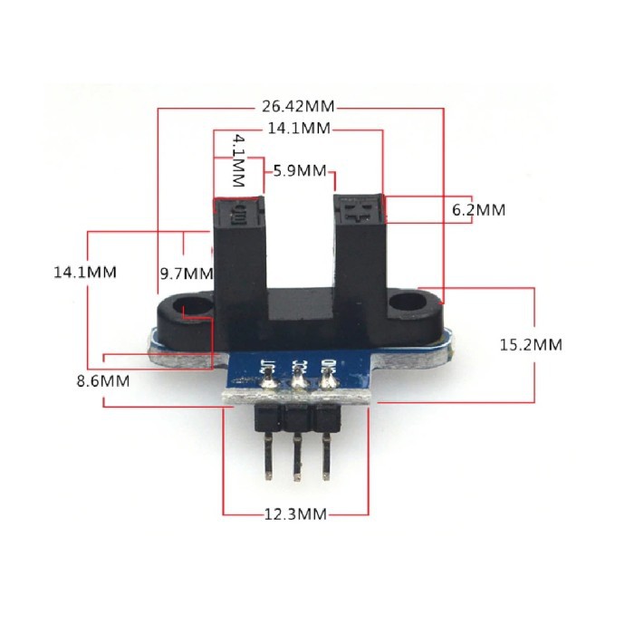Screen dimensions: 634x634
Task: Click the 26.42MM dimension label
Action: coord(300,105)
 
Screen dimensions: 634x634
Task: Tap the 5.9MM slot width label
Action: coord(299,169)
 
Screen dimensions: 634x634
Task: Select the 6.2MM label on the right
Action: coord(478,210)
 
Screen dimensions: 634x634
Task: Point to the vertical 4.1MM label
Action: coord(238,160)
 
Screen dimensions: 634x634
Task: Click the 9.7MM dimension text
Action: coord(186,273)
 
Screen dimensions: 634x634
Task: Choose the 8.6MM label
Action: coord(102,381)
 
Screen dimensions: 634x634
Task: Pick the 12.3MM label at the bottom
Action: coord(295,514)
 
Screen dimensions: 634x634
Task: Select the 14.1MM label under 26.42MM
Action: coord(299,129)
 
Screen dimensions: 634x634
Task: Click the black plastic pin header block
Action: coord(296,418)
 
